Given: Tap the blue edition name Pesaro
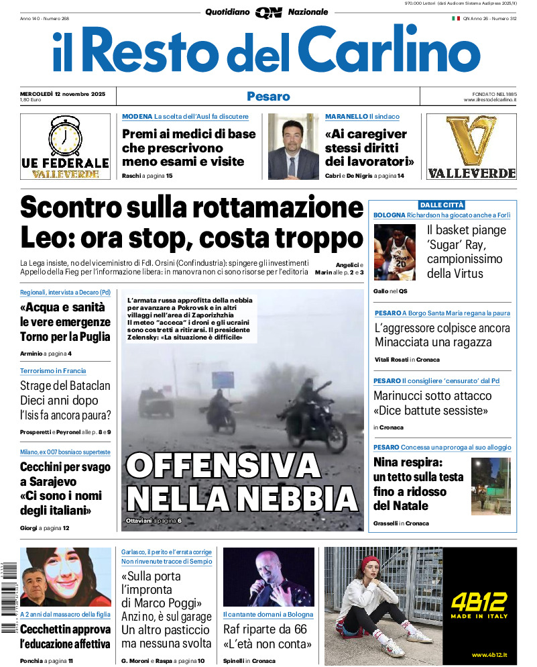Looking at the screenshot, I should pyautogui.click(x=268, y=96).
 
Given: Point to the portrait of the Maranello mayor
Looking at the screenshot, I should pyautogui.click(x=293, y=146).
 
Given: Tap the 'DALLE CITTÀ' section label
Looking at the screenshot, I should pyautogui.click(x=442, y=205).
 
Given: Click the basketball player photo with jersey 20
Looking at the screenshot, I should pyautogui.click(x=394, y=252).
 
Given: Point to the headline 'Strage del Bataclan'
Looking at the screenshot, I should pyautogui.click(x=65, y=386).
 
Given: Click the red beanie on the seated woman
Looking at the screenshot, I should pyautogui.click(x=371, y=562).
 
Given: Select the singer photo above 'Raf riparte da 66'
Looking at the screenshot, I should pyautogui.click(x=268, y=577).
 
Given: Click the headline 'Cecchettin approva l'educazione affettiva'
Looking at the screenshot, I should pyautogui.click(x=65, y=637).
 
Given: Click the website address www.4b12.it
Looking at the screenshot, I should pyautogui.click(x=488, y=655).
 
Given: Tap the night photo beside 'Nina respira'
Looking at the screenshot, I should pyautogui.click(x=490, y=486).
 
